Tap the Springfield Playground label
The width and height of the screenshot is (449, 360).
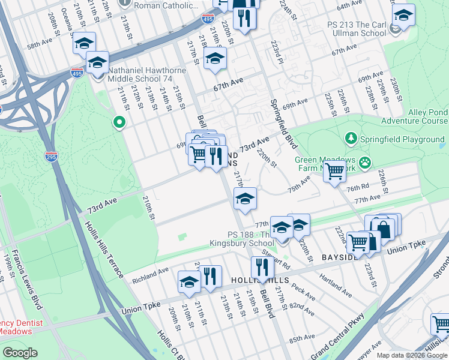coord(402,139)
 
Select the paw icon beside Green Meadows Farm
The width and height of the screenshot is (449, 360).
coord(364,162)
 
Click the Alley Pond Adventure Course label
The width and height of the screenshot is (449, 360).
coord(415,116)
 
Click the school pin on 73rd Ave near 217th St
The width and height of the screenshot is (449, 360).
coord(245,200)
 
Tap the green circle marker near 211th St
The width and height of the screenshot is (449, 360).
coord(119,123)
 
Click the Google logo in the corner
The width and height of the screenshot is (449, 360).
coord(20,353)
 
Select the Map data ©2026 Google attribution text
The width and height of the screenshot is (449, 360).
coord(411,355)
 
